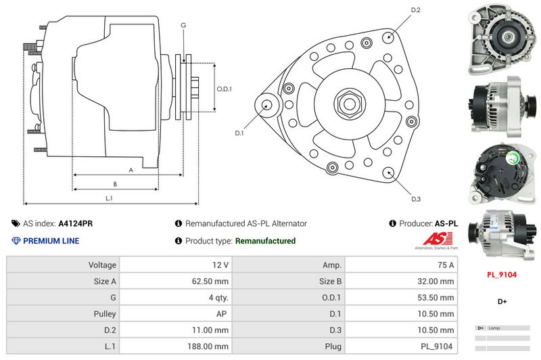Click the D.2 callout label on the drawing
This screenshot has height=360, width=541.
[x=416, y=10]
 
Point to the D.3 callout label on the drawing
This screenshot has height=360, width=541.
[x=416, y=198]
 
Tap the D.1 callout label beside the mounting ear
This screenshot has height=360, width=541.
[x=239, y=133]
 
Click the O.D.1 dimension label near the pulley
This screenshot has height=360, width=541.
[x=225, y=89]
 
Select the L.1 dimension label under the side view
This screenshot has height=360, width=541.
[x=109, y=198]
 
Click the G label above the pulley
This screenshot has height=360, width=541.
[x=183, y=25]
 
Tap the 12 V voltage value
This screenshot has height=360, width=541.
[x=220, y=265]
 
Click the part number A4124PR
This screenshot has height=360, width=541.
[x=76, y=223]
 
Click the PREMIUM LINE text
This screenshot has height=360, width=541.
[x=51, y=241]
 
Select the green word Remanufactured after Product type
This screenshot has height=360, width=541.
[x=265, y=241]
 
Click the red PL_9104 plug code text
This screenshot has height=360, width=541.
[x=502, y=275]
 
